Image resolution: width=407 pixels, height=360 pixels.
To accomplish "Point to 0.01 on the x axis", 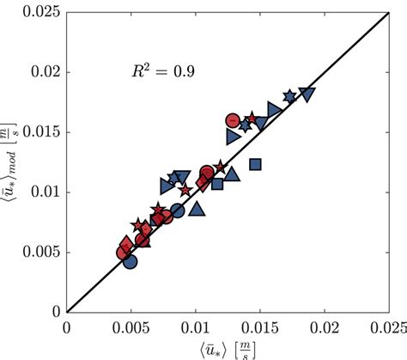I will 195,327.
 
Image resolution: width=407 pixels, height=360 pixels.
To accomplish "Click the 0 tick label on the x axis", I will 67,327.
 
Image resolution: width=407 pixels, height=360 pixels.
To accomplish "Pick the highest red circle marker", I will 233,121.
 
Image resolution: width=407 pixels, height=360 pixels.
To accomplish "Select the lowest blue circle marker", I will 130,262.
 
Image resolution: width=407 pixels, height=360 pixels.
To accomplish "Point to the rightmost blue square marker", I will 255,164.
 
